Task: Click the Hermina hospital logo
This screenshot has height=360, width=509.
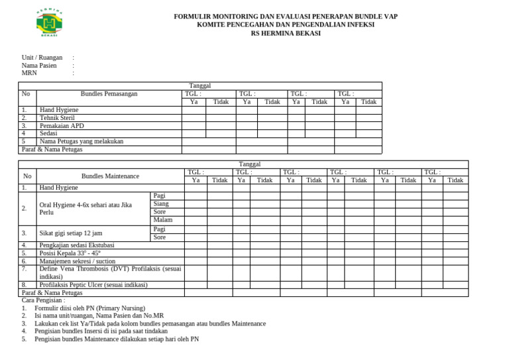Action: pos(50,23)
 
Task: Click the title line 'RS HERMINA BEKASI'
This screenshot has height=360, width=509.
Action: pos(286,33)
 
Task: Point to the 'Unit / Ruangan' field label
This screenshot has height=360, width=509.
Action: pos(42,58)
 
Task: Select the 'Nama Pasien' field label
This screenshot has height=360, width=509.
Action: pos(39,66)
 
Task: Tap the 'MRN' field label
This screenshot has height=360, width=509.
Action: pos(29,73)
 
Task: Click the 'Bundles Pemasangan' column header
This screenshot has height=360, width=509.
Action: pos(109,94)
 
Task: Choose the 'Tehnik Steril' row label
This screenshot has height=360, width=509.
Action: pos(57,117)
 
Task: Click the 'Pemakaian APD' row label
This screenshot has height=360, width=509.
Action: pos(62,125)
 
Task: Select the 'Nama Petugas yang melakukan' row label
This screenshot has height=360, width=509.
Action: pos(82,141)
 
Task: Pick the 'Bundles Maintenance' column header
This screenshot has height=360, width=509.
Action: pos(111,176)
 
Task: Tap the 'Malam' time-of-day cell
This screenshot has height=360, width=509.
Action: pos(163,220)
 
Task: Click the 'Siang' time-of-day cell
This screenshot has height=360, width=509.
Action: pos(161,204)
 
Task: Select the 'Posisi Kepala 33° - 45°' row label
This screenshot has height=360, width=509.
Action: pos(70,253)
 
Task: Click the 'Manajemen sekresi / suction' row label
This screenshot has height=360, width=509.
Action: pos(78,261)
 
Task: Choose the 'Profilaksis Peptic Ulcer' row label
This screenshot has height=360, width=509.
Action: pos(93,284)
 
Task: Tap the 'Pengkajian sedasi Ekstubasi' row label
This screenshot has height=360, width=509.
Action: pos(78,245)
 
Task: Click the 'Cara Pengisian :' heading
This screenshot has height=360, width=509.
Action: pos(44,300)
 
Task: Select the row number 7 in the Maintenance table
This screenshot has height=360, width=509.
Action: pos(24,269)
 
